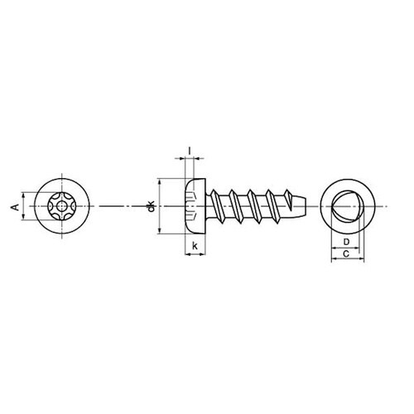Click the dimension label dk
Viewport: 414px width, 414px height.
tap(151, 206)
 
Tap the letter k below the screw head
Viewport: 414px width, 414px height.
tap(195, 245)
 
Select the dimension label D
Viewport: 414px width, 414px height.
tap(346, 242)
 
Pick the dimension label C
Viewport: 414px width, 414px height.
tap(346, 253)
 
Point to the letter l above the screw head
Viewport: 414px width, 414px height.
tap(190, 151)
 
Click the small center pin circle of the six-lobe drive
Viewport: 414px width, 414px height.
tap(61, 206)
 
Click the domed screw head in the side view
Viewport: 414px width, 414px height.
tap(195, 206)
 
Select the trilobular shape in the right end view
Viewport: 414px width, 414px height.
tap(346, 206)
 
